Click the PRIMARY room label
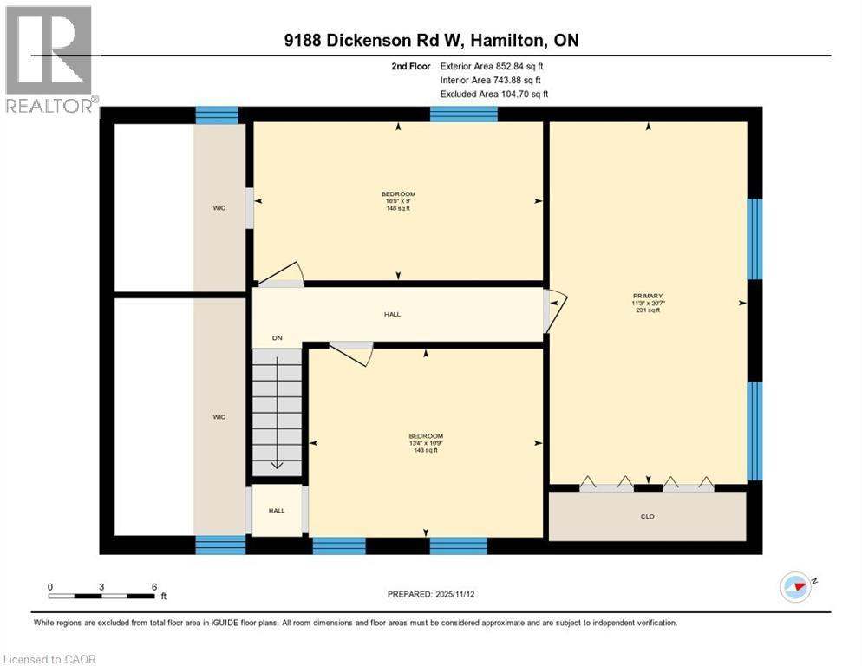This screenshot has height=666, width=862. [x=647, y=296]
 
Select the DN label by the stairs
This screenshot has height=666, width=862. [x=277, y=337]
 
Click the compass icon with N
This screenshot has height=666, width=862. [x=795, y=586]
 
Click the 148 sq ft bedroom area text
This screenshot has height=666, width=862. [x=398, y=208]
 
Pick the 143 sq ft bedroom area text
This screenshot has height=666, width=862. [x=425, y=450]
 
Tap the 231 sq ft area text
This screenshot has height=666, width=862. [x=647, y=310]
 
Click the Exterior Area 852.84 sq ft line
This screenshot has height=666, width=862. [x=493, y=66]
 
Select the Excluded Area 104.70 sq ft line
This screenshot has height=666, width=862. [x=493, y=94]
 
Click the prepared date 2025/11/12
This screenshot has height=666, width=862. [x=432, y=594]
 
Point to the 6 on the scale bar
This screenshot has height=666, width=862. [x=153, y=586]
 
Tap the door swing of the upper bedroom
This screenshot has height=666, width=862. [x=284, y=273]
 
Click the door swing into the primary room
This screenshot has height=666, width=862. [x=556, y=310]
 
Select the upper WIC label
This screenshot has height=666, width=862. [x=219, y=208]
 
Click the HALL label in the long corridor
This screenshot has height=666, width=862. [x=392, y=314]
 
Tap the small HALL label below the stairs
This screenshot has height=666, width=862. [x=277, y=511]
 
